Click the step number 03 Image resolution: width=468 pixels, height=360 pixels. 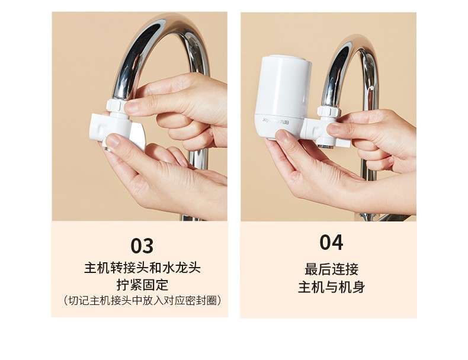click(142, 246)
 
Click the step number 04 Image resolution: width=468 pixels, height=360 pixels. click(331, 243)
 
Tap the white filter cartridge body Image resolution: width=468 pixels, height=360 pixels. click(283, 95)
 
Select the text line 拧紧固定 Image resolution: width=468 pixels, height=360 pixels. click(142, 285)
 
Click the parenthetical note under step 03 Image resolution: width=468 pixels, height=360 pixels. click(142, 300)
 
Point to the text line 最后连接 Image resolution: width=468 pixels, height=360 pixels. click(331, 269)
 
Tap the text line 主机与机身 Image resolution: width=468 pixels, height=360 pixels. click(331, 287)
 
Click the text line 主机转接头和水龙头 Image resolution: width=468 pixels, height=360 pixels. click(142, 268)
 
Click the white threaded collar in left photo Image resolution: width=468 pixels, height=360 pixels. click(115, 105)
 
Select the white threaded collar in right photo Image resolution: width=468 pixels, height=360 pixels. click(329, 112)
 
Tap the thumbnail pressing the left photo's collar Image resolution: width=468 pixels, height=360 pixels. click(132, 106)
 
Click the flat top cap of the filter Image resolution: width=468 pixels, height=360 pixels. click(287, 59)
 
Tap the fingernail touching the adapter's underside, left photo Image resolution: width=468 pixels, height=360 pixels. click(113, 140)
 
